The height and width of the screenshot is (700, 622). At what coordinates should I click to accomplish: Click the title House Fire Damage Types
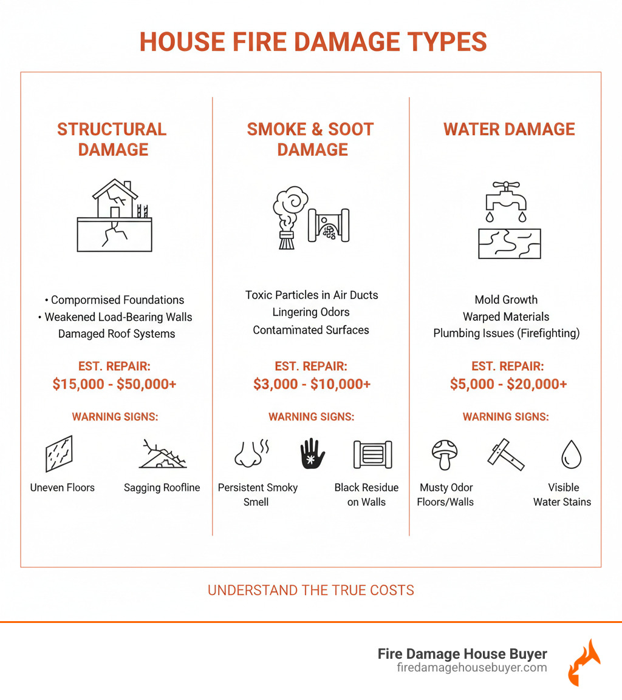(x=313, y=42)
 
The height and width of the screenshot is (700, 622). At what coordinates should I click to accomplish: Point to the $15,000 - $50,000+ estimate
(x=114, y=384)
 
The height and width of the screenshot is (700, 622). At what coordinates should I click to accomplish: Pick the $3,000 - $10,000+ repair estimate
(x=312, y=384)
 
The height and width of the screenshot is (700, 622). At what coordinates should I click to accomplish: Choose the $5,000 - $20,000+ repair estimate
(x=509, y=384)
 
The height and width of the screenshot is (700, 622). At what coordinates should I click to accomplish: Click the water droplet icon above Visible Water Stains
(x=571, y=454)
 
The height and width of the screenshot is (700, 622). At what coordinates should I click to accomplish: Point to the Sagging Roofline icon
(x=162, y=454)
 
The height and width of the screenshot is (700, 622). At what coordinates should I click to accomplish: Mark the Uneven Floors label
(x=63, y=487)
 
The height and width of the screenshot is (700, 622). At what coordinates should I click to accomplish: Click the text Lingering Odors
(x=311, y=312)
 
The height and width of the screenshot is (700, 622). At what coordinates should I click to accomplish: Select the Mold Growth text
(x=506, y=299)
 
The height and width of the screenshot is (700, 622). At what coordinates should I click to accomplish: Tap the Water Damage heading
(x=509, y=129)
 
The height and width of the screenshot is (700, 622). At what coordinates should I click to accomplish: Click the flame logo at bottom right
(x=584, y=662)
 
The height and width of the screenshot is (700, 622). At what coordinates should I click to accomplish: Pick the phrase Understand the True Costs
(x=311, y=590)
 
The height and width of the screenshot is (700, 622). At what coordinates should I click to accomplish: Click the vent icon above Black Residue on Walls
(x=372, y=454)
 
